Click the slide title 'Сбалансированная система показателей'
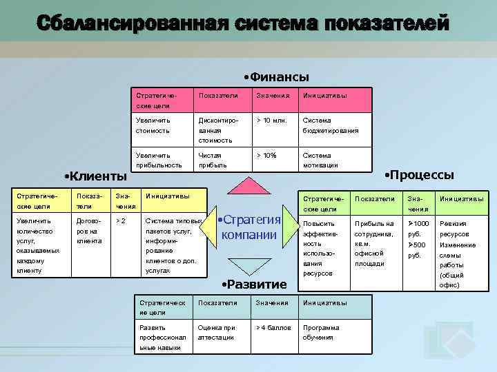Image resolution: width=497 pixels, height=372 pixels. (243, 23)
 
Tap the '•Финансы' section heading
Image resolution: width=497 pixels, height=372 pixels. (276, 77)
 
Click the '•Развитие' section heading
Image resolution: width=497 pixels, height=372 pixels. (253, 285)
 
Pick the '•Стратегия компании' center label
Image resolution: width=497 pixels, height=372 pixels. (248, 227)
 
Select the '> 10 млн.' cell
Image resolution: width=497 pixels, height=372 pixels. (272, 121)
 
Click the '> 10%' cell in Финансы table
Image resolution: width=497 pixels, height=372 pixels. (266, 156)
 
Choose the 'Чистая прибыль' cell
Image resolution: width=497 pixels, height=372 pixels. (212, 160)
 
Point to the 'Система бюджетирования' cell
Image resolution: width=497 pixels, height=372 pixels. (330, 125)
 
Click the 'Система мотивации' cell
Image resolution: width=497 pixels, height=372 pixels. (320, 160)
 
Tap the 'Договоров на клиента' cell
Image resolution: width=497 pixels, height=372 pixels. (89, 231)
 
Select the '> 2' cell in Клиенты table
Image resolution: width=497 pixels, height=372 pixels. (121, 222)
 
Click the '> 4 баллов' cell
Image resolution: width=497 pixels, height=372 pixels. (273, 328)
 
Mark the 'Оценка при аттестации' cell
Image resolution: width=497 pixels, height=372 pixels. (217, 332)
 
